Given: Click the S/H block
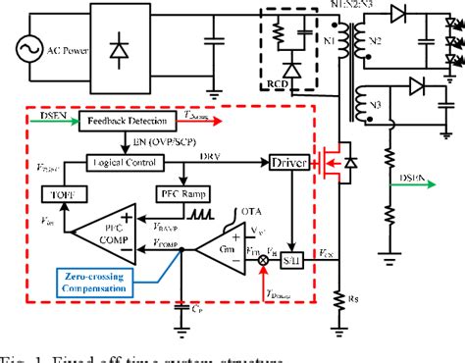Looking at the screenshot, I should click(x=290, y=259).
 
